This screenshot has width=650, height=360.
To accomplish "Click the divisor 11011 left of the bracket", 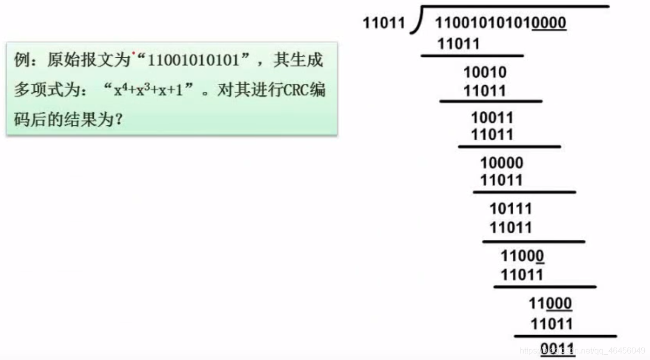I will point(384,23).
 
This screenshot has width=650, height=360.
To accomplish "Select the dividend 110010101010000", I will point(500,23).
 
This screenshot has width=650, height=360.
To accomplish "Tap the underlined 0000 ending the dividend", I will point(549,23).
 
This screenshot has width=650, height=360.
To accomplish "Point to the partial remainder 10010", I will point(485,72).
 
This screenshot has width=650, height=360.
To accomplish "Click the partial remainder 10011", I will point(492,118).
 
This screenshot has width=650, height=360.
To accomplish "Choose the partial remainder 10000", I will point(501,163).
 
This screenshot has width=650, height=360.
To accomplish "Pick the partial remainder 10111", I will point(511,209).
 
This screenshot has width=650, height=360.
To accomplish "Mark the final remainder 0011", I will point(558,348).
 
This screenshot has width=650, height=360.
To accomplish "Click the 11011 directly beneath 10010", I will point(485,91).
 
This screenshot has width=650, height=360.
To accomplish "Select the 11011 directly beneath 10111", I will point(511,227).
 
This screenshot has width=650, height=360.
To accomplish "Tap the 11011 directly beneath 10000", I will point(501,181).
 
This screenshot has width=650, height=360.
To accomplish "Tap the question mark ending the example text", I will point(118,120).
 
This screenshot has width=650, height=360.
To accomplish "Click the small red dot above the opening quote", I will point(134,53).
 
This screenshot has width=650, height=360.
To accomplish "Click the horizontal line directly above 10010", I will point(472,55).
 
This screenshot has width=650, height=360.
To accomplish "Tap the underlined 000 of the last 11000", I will point(559,303).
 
